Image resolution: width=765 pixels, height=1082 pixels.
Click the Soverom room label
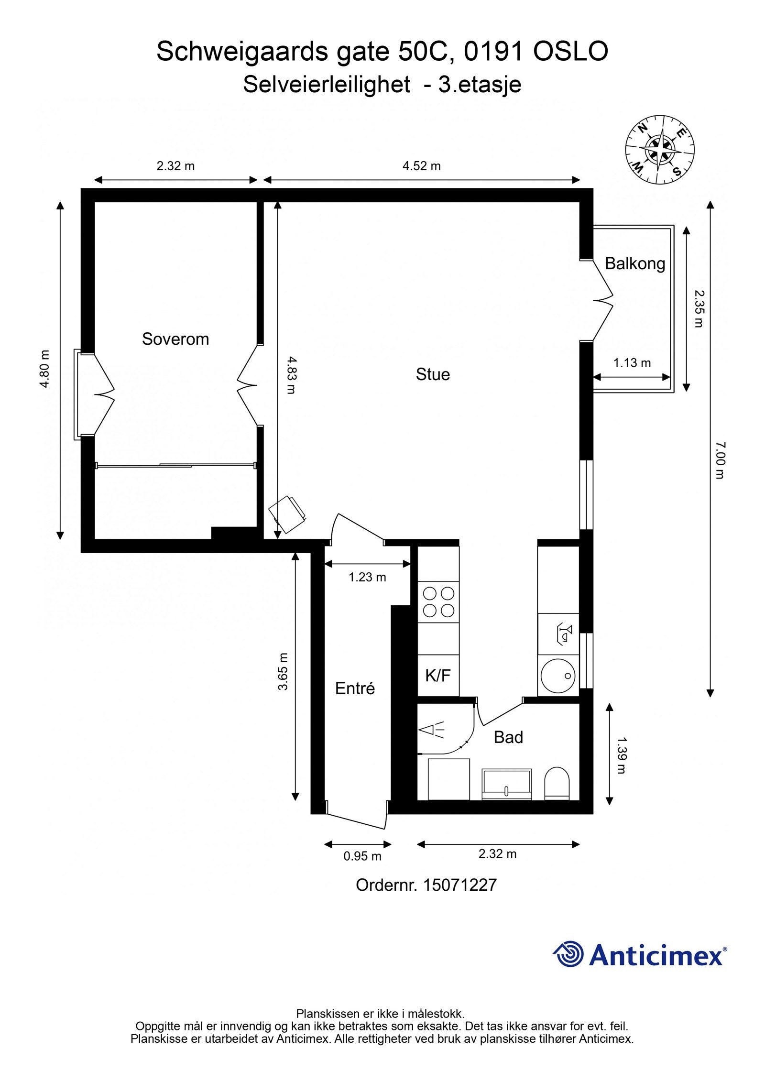coord(175,339)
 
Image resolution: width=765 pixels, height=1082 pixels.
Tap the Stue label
coord(432,374)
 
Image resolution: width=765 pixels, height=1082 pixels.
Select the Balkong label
coord(634,263)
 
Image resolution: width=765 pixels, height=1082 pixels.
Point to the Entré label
coord(355,689)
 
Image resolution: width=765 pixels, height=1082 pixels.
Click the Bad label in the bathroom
coord(508,737)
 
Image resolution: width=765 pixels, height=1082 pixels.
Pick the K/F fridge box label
coord(438,676)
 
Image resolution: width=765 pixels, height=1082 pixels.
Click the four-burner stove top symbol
coord(438,602)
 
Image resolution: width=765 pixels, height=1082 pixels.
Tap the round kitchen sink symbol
coord(557,675)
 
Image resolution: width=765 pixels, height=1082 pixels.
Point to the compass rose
coord(660,150)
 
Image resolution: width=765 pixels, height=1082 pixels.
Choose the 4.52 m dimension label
coord(421,166)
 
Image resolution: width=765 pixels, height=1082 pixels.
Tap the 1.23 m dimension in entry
coord(367,578)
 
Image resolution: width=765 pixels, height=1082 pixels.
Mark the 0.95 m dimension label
coord(362,856)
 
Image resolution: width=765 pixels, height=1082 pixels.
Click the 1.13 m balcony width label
coord(632,363)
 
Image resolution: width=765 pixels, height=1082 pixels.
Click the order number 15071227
coord(459,885)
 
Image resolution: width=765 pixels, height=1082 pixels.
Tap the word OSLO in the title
coord(570,52)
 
